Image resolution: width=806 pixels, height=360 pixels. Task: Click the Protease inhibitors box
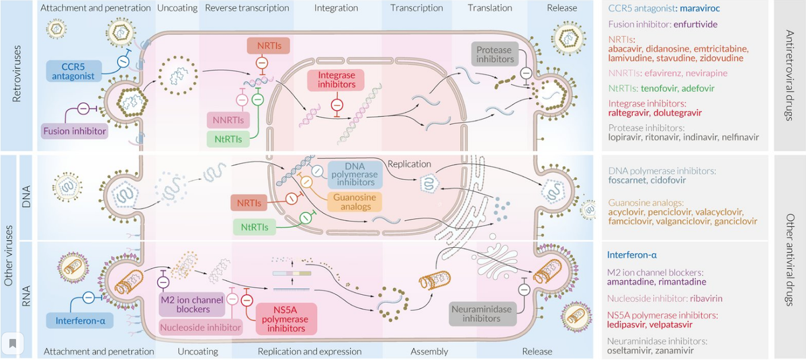[494, 55]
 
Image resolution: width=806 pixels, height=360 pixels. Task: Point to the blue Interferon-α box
[81, 321]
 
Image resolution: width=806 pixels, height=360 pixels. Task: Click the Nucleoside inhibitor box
[201, 328]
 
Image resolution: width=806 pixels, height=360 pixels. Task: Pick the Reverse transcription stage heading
[247, 8]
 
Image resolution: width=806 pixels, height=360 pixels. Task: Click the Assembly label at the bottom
[430, 351]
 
